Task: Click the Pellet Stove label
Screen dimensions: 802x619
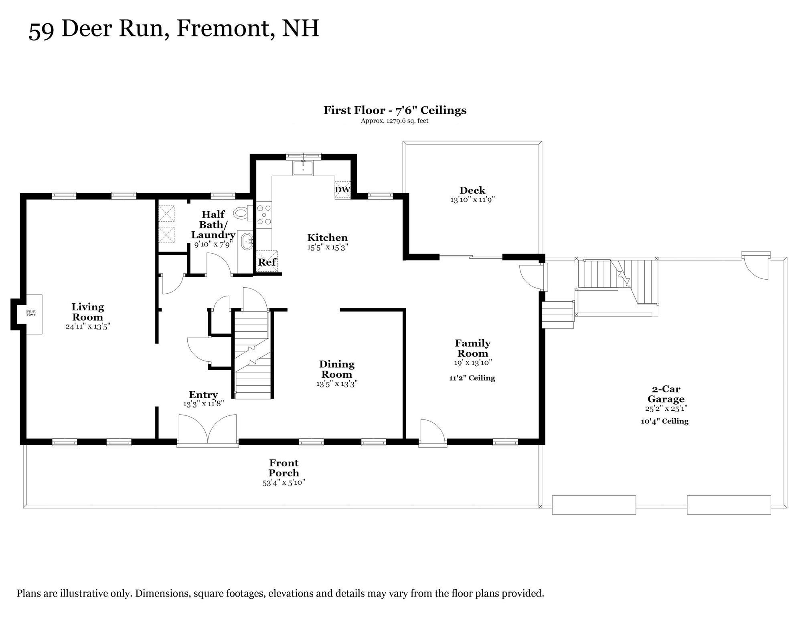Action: click(x=31, y=313)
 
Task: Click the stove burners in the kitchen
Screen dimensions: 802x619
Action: click(x=264, y=215)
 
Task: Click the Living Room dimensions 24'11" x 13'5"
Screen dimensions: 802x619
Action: click(x=88, y=326)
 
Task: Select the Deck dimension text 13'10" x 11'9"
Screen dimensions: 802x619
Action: click(x=472, y=200)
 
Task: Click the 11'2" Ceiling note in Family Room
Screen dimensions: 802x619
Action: click(x=472, y=378)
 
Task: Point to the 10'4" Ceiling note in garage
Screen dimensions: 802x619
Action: click(x=664, y=421)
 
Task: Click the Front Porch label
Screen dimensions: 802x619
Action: click(x=284, y=468)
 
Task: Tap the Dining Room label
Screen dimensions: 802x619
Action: click(x=337, y=369)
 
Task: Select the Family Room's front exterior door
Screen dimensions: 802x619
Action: click(x=433, y=433)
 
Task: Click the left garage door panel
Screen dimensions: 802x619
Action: click(x=594, y=505)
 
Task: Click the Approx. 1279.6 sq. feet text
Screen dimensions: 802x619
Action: click(x=395, y=121)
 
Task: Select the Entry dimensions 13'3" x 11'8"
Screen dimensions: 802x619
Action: click(x=203, y=404)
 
